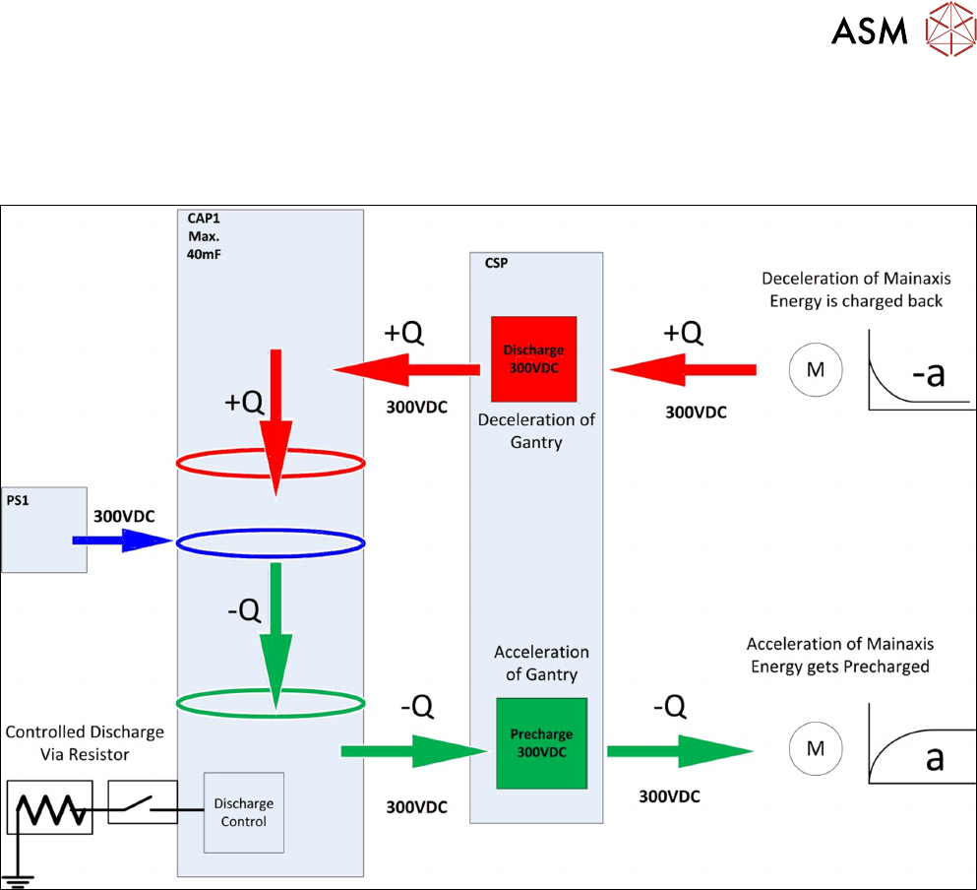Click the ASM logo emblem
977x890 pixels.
click(948, 32)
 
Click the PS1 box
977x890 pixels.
click(44, 528)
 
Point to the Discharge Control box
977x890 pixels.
click(243, 812)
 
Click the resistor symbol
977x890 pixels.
click(49, 807)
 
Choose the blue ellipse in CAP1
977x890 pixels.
click(271, 542)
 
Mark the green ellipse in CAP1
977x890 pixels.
click(271, 702)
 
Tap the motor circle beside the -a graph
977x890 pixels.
click(815, 369)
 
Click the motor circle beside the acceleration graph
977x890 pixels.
click(815, 749)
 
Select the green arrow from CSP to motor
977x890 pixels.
click(679, 751)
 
